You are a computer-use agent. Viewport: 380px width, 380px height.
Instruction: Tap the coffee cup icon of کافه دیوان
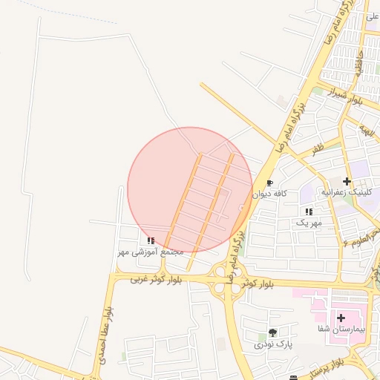(269, 183)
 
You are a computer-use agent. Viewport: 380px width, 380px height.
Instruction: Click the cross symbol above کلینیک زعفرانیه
(347, 181)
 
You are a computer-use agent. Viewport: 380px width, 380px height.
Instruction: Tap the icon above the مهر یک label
(309, 212)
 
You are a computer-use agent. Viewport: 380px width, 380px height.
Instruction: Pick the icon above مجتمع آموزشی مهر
(151, 240)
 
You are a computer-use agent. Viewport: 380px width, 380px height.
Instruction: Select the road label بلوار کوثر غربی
(156, 279)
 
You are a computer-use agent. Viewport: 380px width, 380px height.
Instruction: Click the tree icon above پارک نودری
(273, 332)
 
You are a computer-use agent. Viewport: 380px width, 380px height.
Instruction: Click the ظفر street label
(318, 150)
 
